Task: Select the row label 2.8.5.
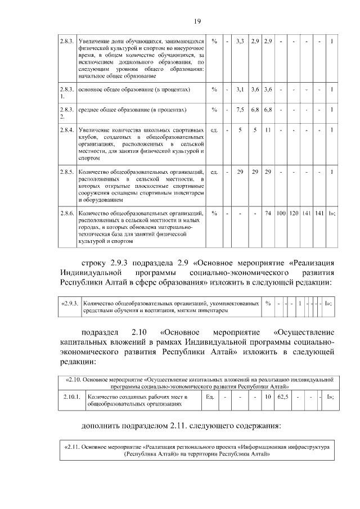(67, 171)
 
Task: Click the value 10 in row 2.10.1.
(268, 397)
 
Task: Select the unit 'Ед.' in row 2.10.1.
(210, 397)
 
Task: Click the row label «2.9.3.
(71, 304)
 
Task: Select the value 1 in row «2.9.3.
(300, 304)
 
